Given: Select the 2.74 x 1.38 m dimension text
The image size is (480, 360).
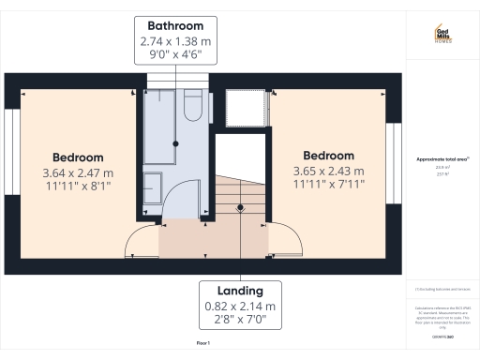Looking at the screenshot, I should tap(176, 42).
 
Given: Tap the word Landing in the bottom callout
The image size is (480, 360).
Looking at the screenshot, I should tap(240, 291).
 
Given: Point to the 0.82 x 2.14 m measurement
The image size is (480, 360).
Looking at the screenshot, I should tap(240, 307).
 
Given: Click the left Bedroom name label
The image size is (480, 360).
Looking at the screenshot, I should tap(78, 157).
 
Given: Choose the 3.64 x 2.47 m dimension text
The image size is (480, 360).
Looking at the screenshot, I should tap(78, 173).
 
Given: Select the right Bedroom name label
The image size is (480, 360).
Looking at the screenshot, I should tap(329, 156).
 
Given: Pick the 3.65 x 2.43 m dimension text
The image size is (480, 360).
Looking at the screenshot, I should tap(329, 172).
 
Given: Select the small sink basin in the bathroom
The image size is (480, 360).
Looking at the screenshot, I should tap(153, 182).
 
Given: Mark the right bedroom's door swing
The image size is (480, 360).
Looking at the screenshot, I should tap(285, 240).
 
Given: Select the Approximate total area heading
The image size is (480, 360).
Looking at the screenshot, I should tap(442, 160).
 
